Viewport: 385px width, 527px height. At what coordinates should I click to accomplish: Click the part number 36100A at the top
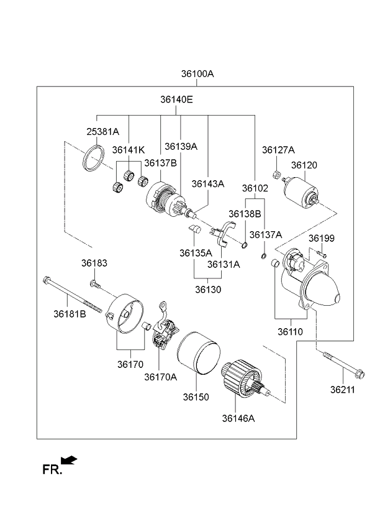tap(197, 73)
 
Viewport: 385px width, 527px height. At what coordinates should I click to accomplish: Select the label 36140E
tap(176, 99)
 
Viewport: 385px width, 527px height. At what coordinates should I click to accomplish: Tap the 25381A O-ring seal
tap(94, 158)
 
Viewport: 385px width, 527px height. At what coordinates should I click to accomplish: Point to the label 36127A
tap(278, 150)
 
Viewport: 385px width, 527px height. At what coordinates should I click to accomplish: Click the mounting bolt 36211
tap(345, 366)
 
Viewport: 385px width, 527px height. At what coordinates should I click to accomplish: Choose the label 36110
tap(290, 332)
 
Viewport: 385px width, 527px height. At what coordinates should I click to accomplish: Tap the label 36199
tap(321, 239)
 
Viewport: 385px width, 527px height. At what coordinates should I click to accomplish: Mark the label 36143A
tap(207, 183)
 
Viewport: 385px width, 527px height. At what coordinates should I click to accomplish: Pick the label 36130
tap(207, 289)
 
